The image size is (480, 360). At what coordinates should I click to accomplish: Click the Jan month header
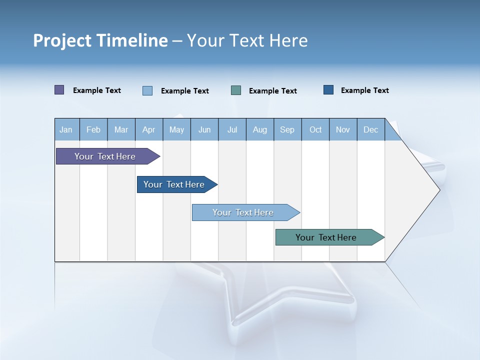point(66,130)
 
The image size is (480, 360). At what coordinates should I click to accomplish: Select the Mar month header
point(121,130)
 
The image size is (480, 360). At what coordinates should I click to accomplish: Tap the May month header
point(176,130)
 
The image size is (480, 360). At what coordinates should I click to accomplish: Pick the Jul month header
point(232,130)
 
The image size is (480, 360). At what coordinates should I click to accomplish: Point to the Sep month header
point(287,130)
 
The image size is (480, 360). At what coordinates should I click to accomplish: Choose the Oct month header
point(315,130)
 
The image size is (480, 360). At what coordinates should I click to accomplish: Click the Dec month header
point(370,130)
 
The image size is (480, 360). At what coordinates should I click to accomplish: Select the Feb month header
point(93,130)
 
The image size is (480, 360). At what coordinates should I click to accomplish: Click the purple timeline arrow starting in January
point(105,156)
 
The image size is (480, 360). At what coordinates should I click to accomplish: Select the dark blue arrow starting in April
point(174,184)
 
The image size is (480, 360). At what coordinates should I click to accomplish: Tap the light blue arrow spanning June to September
point(243,212)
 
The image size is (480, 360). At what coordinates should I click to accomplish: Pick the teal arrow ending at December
point(326,237)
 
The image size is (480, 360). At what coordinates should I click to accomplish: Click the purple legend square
point(59,90)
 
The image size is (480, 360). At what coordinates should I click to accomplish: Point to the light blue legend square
point(147,90)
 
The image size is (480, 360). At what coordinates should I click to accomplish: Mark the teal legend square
point(236,90)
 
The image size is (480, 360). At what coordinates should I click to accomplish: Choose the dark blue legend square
point(328,90)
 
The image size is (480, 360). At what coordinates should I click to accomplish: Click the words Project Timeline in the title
point(100,40)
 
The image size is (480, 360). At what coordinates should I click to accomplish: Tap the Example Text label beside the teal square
point(272,91)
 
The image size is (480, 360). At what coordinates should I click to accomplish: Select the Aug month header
point(259,130)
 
